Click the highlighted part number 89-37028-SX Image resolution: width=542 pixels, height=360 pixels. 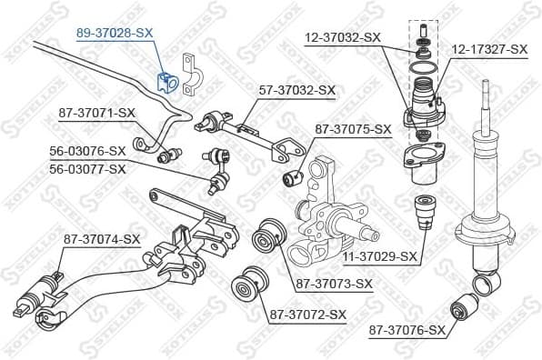[x=115, y=31]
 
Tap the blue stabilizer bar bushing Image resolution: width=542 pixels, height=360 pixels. [x=166, y=82]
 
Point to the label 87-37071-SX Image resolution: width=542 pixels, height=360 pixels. [x=96, y=113]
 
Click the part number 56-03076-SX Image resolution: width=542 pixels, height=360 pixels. [x=88, y=151]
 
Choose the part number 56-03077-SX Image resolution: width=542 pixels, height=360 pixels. [x=88, y=168]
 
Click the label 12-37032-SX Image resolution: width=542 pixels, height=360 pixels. [x=343, y=37]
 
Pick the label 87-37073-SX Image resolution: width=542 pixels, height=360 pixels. [x=334, y=284]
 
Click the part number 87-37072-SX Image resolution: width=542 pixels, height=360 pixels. [x=307, y=315]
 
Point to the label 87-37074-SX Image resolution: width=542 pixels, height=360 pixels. [x=101, y=239]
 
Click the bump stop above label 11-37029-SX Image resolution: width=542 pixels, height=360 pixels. [x=422, y=214]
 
